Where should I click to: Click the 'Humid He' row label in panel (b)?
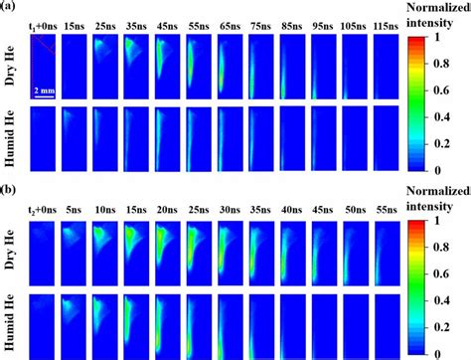pyautogui.click(x=13, y=321)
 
